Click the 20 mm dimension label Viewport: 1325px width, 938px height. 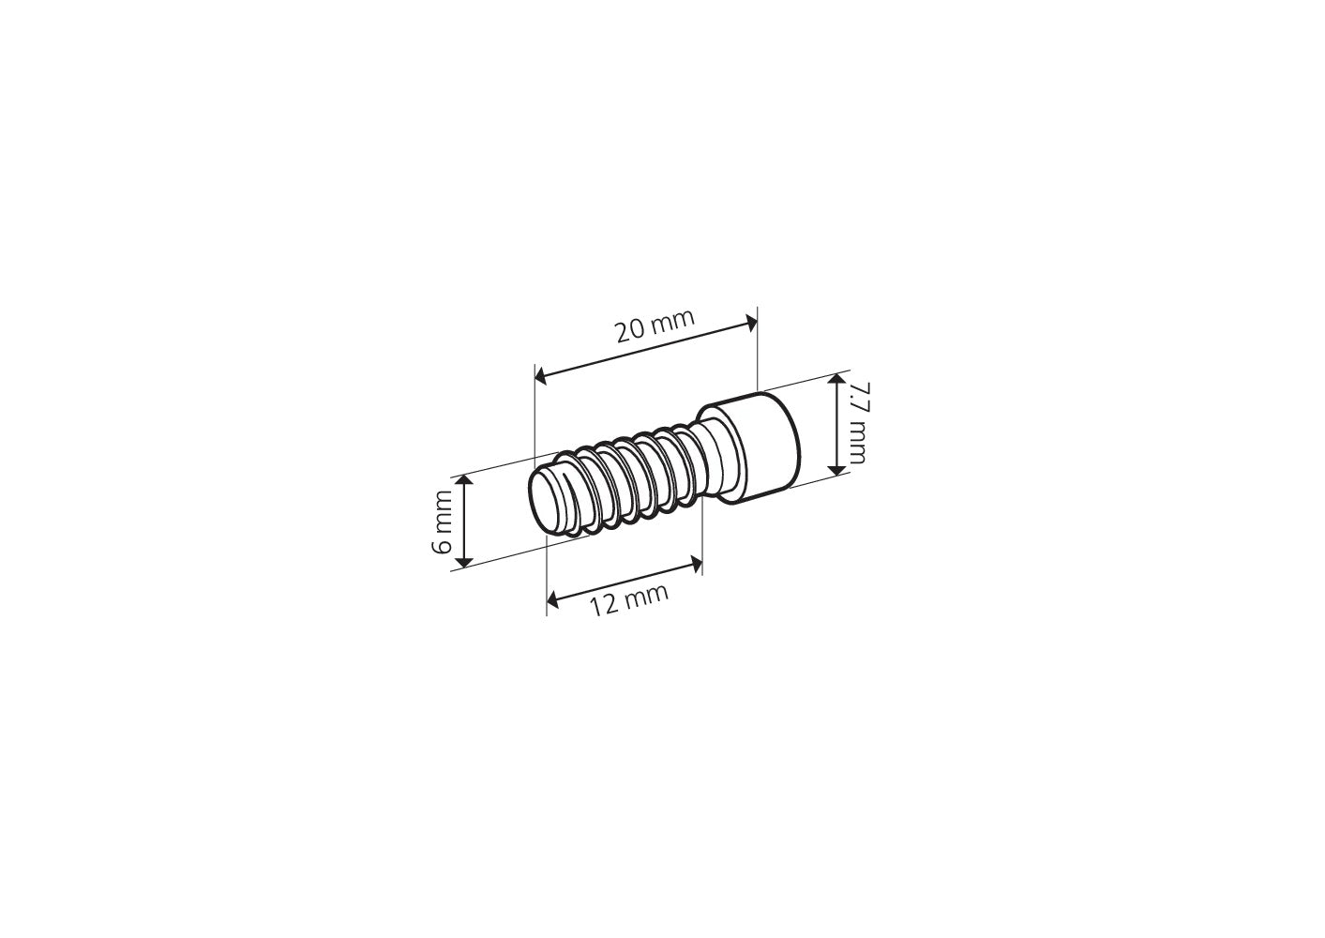[655, 326]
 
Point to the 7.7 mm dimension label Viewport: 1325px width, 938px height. [855, 422]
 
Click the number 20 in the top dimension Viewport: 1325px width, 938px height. [630, 332]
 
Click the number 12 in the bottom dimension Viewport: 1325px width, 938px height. [605, 606]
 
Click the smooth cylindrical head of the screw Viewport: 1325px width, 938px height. [760, 448]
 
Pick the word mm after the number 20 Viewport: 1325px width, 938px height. [674, 321]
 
